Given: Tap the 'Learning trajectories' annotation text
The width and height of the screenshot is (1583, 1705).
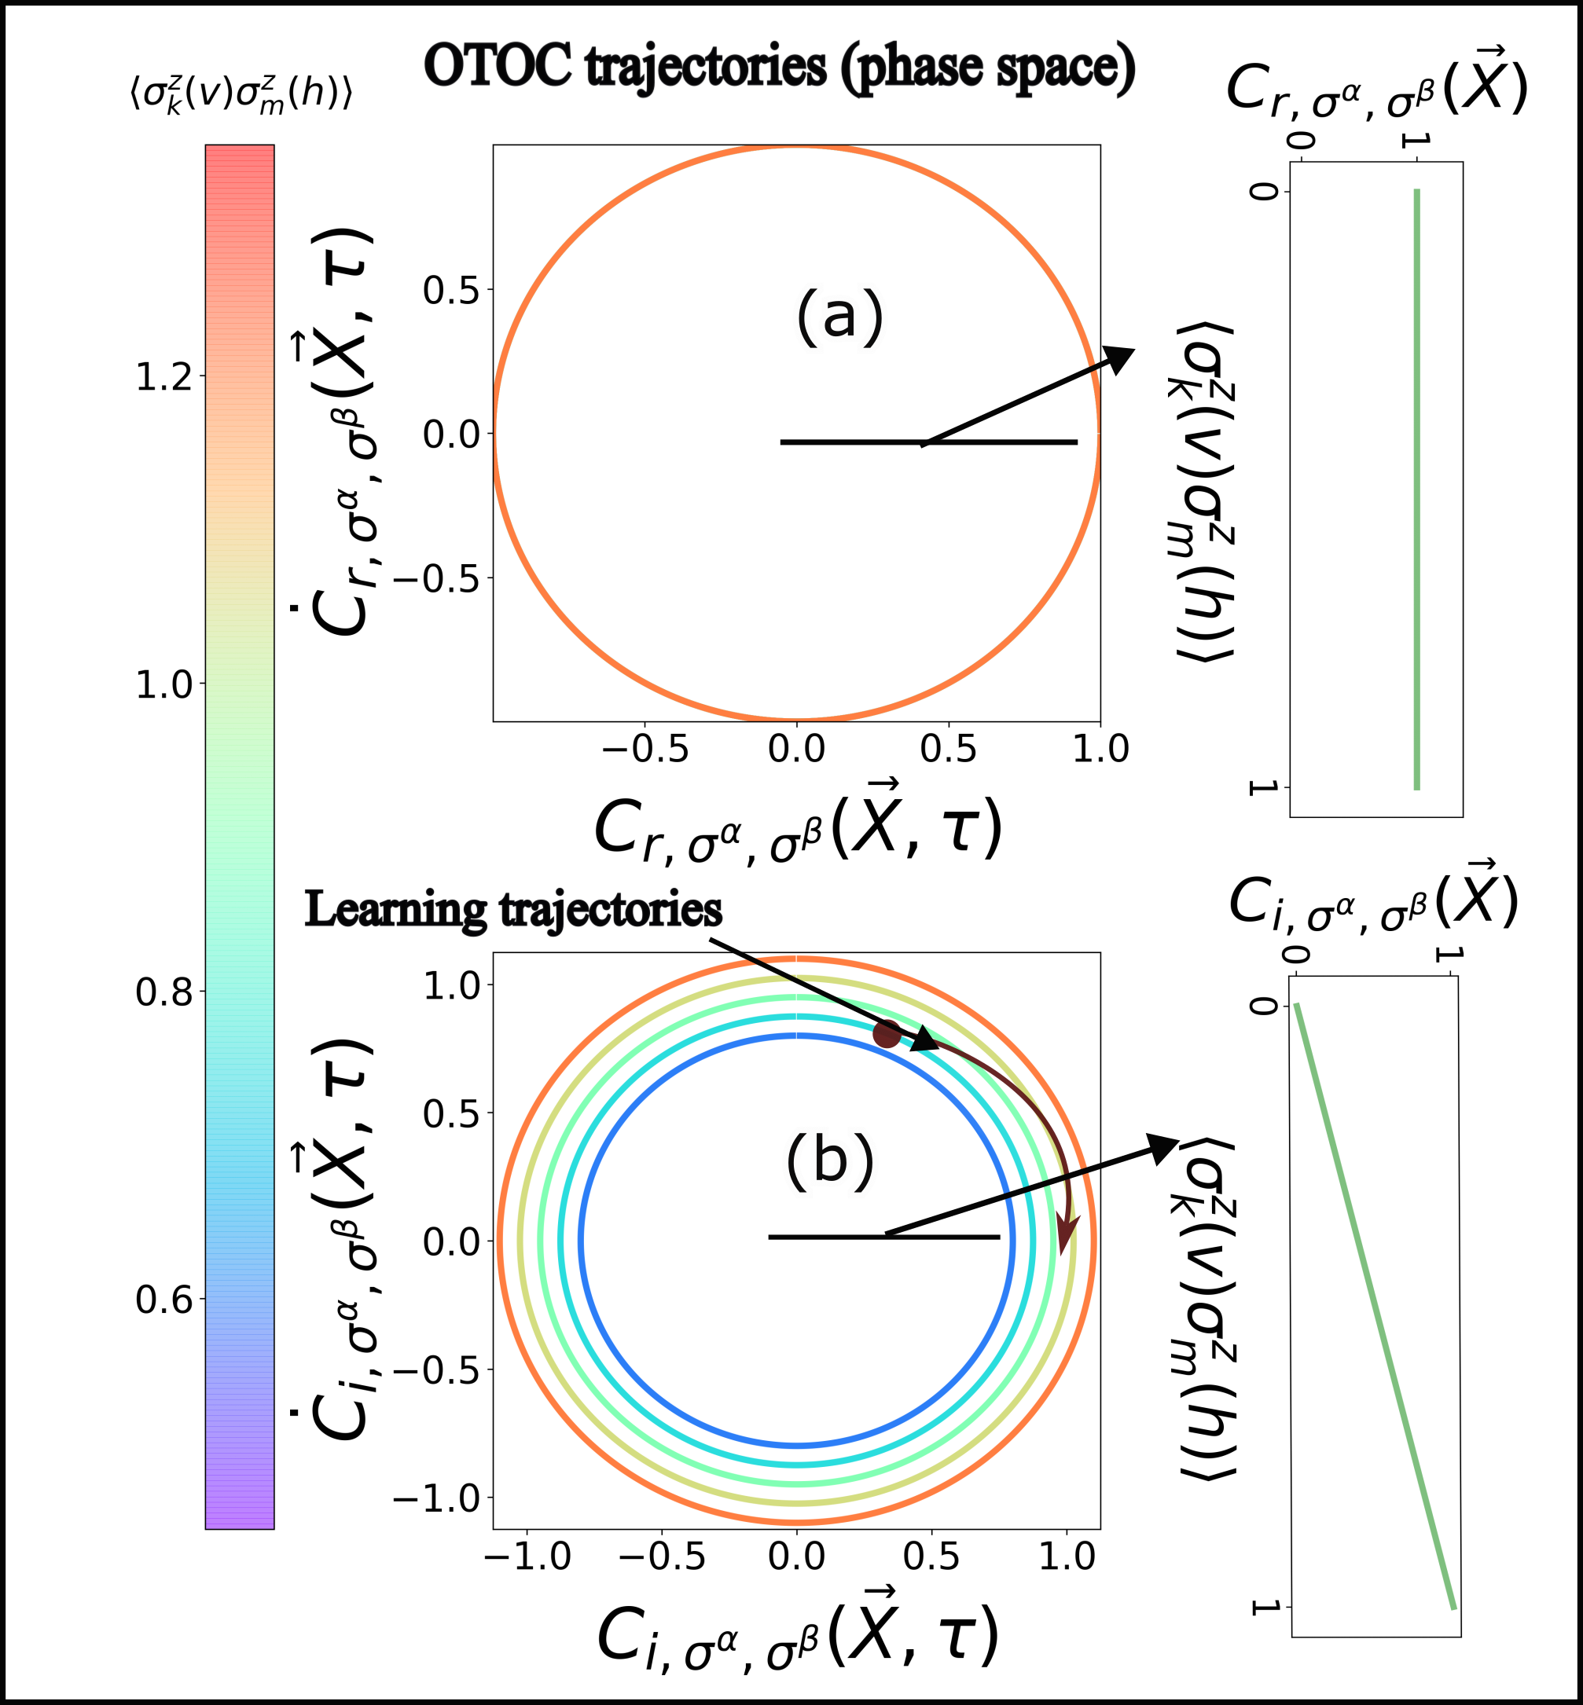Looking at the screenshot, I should (x=513, y=908).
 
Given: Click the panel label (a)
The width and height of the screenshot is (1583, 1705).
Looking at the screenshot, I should (x=839, y=315).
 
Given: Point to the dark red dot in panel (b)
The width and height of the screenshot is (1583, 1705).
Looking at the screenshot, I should (x=887, y=1034).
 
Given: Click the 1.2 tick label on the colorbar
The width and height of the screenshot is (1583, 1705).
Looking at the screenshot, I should (x=163, y=377).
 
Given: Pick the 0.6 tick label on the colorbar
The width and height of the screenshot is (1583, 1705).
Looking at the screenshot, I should (x=163, y=1300).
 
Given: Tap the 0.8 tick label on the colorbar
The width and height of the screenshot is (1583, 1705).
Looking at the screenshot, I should (x=163, y=992).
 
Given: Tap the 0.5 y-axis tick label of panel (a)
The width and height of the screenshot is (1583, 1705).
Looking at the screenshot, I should (x=450, y=290).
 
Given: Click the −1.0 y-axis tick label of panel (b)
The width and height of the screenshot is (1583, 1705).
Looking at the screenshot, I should (x=437, y=1498).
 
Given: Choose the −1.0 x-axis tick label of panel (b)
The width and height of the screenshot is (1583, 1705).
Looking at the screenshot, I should (x=527, y=1556).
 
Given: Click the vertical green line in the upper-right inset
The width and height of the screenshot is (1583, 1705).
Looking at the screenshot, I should (x=1417, y=488).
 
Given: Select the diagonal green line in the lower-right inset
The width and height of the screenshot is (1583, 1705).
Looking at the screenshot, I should (x=1375, y=1306).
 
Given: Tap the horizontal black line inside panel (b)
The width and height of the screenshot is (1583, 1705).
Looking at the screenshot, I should (x=883, y=1237).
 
